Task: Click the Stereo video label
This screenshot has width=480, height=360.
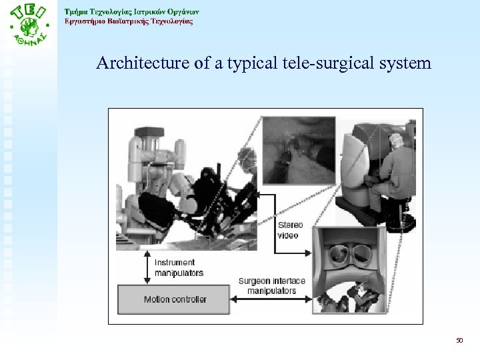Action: [x=289, y=230]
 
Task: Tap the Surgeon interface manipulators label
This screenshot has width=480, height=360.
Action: [x=271, y=286]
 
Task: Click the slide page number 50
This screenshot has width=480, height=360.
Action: [x=459, y=341]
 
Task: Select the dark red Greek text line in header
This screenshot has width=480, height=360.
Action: [x=129, y=21]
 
